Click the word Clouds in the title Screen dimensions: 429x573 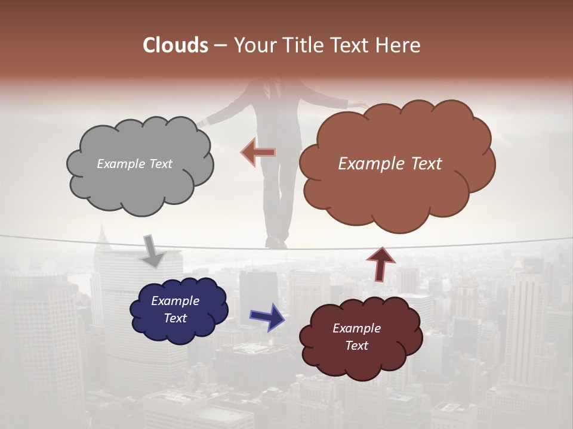[175, 45]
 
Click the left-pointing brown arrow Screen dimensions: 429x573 [258, 152]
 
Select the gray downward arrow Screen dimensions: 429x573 [152, 250]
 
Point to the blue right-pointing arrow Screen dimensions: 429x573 [267, 316]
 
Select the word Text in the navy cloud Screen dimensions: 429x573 [175, 318]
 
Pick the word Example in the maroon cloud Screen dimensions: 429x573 [356, 328]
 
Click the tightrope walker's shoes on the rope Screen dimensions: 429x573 [276, 243]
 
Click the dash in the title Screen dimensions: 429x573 [220, 45]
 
